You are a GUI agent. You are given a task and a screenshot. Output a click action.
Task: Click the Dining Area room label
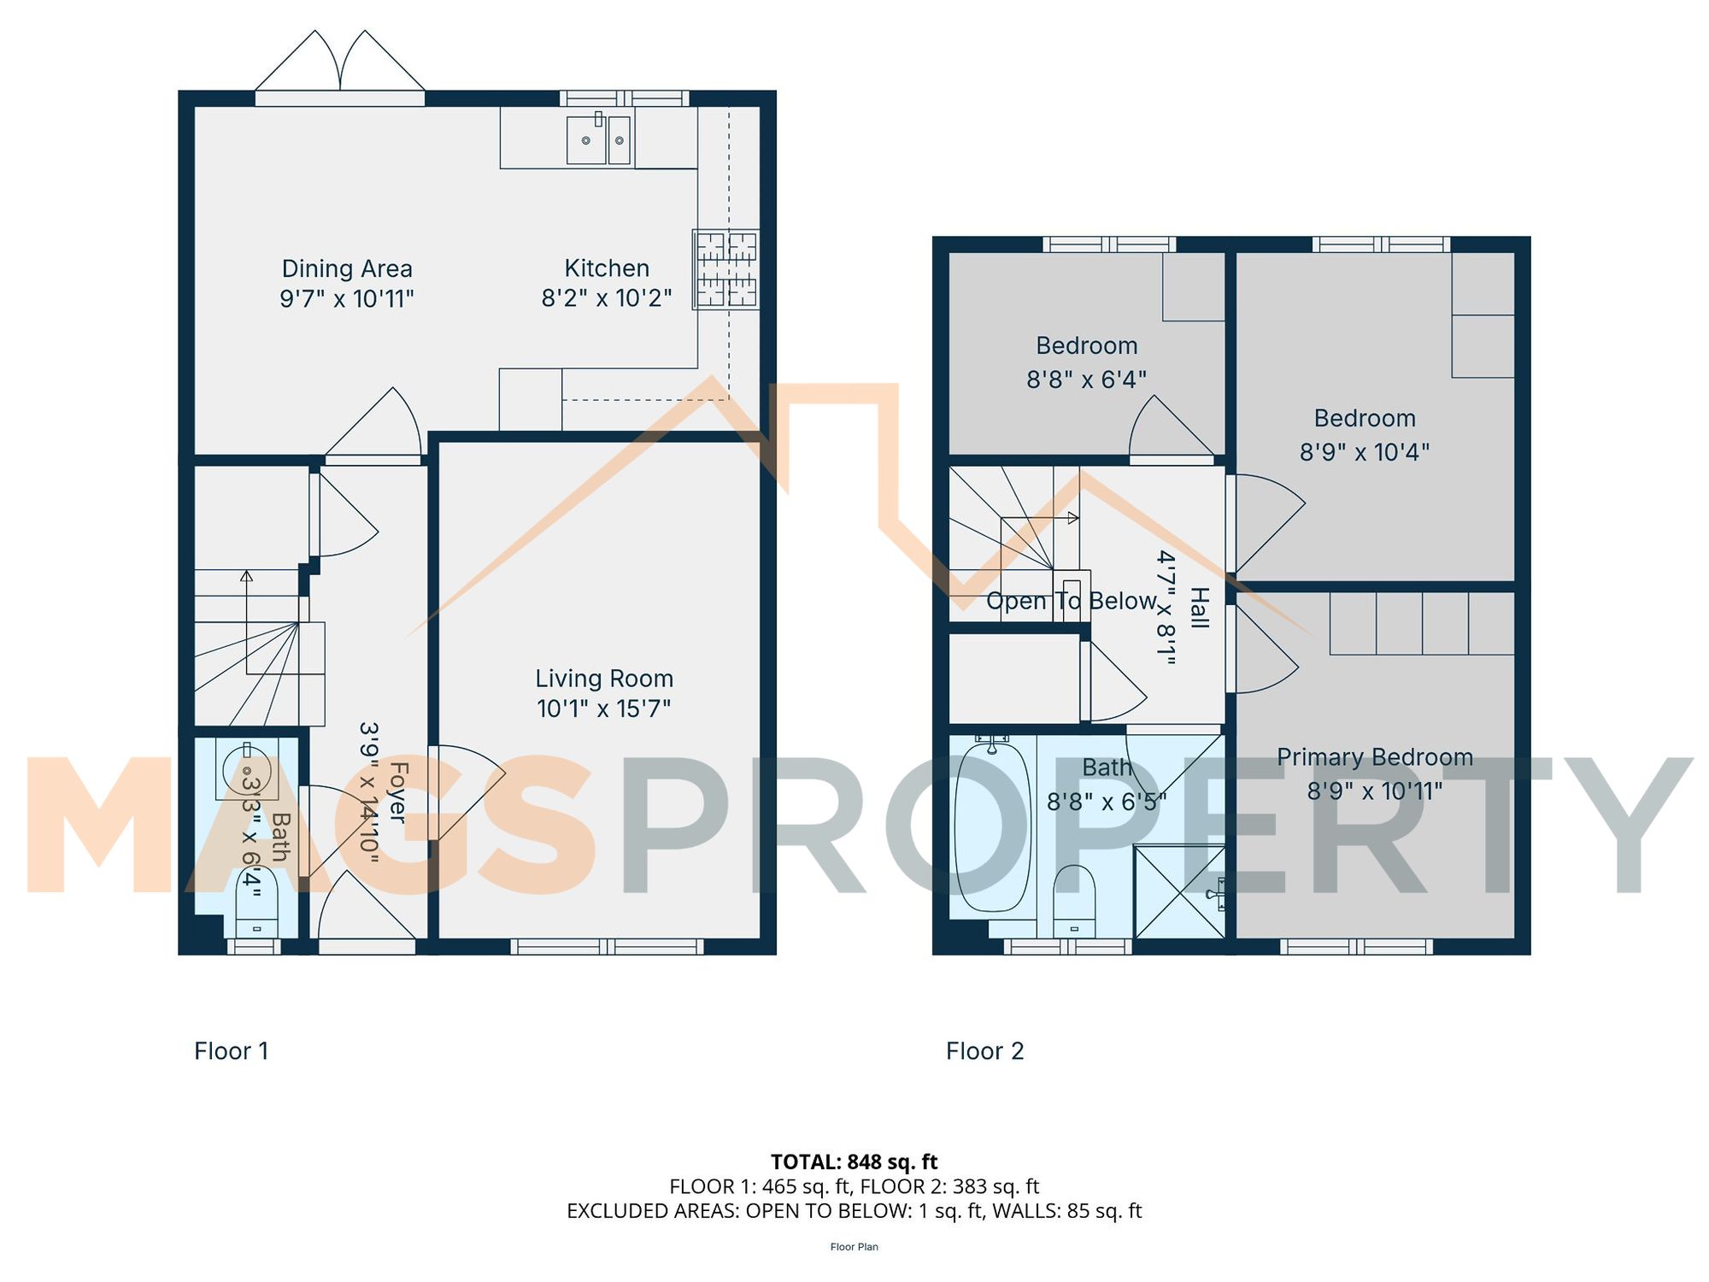tap(347, 268)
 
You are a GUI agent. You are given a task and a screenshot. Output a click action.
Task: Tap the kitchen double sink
tap(598, 140)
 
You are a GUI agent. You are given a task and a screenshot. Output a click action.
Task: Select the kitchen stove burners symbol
tap(725, 269)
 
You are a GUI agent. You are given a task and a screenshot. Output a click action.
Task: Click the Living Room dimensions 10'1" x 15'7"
tap(603, 709)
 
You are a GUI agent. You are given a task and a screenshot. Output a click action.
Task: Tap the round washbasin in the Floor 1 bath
tap(246, 772)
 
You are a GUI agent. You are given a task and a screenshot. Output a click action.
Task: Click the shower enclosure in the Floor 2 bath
tap(1179, 892)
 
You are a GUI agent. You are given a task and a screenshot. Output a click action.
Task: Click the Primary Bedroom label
tap(1374, 757)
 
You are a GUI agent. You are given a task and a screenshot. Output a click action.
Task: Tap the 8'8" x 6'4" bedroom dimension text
tap(1086, 379)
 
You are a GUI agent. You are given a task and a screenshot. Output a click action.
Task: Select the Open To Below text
tap(1072, 601)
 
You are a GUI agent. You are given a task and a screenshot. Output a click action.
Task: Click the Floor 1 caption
tap(232, 1050)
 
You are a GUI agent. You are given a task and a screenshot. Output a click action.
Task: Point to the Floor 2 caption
tap(984, 1050)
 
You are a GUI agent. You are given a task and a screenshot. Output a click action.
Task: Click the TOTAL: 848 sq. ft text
tap(854, 1161)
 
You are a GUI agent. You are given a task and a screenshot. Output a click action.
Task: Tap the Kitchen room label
tap(607, 268)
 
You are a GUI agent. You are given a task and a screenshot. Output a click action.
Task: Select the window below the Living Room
tap(607, 946)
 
